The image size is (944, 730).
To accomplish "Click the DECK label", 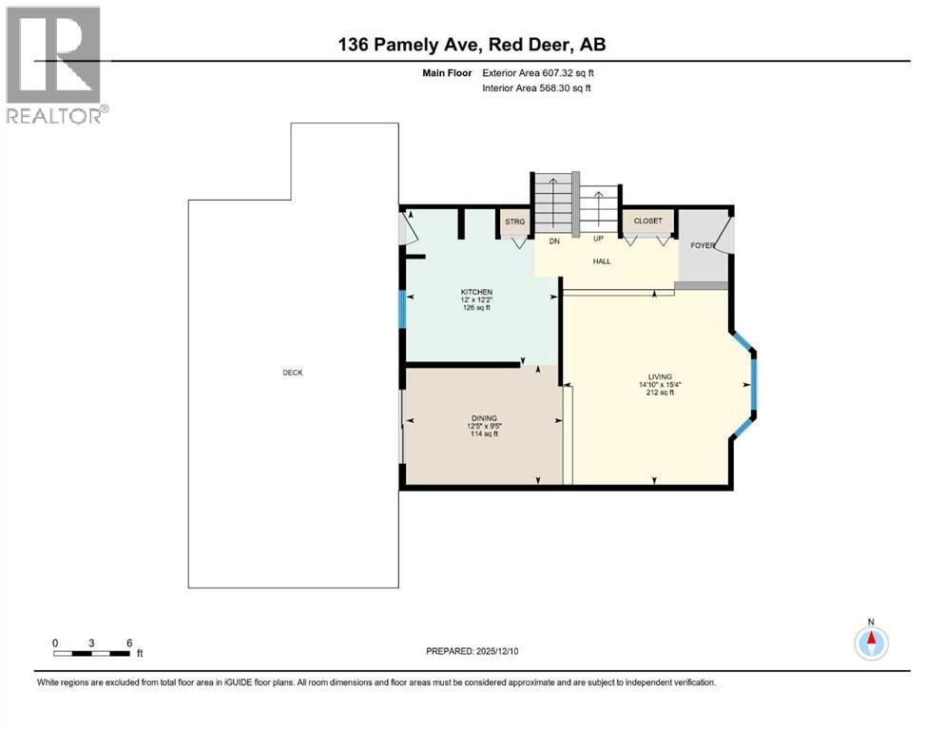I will tap(292, 373).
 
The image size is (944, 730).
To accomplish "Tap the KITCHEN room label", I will tap(475, 292).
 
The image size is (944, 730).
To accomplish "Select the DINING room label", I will tap(485, 417).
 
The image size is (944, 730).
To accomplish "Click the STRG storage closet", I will tap(514, 221).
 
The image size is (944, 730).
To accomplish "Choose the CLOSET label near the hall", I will tap(647, 221).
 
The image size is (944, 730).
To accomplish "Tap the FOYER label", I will tap(702, 245).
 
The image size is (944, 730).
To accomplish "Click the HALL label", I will tap(602, 261).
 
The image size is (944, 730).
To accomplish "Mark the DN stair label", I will tap(553, 240).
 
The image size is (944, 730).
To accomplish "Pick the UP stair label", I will tap(599, 239).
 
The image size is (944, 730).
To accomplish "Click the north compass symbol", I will tap(870, 643).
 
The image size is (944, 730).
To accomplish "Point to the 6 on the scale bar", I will tap(128, 643).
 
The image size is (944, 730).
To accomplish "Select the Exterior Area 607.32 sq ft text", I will tap(538, 72).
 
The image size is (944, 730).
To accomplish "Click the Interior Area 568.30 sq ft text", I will tap(537, 87).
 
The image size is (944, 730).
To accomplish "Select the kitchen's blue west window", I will tap(401, 309).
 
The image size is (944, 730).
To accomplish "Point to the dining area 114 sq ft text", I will tap(485, 434).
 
